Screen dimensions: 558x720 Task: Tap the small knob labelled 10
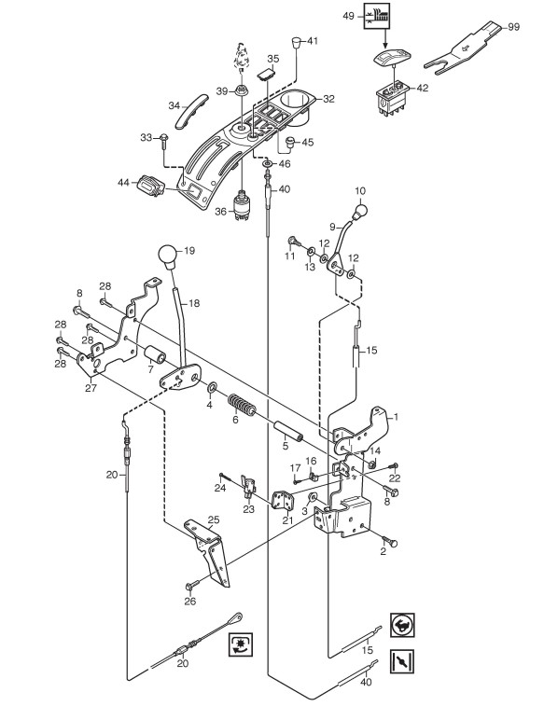[360, 212]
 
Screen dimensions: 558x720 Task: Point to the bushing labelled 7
[155, 356]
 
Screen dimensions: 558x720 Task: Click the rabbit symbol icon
[402, 625]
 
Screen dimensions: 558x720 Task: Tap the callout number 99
[514, 27]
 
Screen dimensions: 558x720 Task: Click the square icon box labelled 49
[376, 16]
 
